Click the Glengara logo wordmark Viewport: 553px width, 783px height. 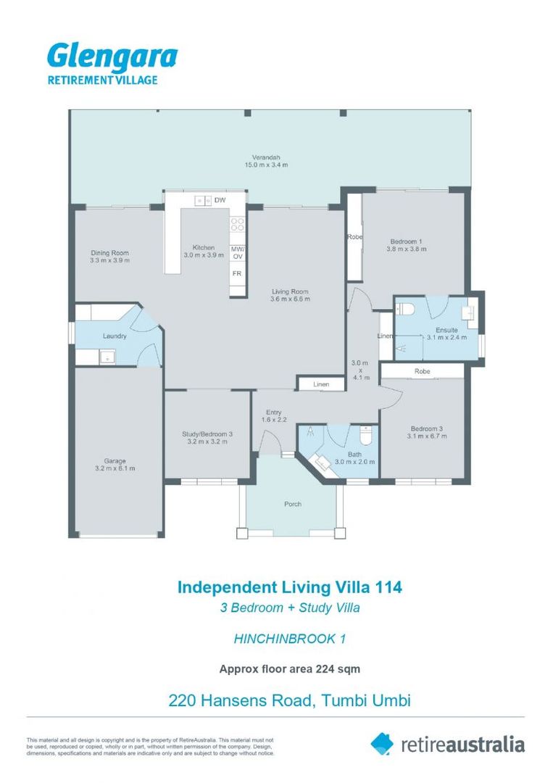pyautogui.click(x=112, y=57)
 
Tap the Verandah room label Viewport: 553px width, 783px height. pyautogui.click(x=266, y=157)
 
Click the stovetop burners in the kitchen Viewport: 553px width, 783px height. pyautogui.click(x=237, y=225)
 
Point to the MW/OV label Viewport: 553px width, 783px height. pyautogui.click(x=237, y=253)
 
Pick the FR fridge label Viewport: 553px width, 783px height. pyautogui.click(x=237, y=274)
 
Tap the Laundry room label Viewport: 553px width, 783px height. pyautogui.click(x=115, y=336)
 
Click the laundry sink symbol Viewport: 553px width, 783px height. pyautogui.click(x=107, y=356)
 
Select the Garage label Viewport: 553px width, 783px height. pyautogui.click(x=115, y=460)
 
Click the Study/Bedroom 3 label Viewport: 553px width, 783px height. pyautogui.click(x=207, y=434)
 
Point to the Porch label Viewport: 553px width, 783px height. pyautogui.click(x=293, y=504)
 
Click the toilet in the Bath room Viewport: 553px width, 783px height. pyautogui.click(x=366, y=437)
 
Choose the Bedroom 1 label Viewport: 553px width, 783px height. pyautogui.click(x=407, y=241)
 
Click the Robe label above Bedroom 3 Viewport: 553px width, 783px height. pyautogui.click(x=423, y=371)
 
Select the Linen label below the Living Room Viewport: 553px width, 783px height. pyautogui.click(x=321, y=384)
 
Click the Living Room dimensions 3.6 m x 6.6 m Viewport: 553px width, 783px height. pyautogui.click(x=290, y=298)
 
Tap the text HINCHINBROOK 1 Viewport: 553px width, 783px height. pyautogui.click(x=290, y=639)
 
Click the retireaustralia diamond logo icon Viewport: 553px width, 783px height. pyautogui.click(x=382, y=743)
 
